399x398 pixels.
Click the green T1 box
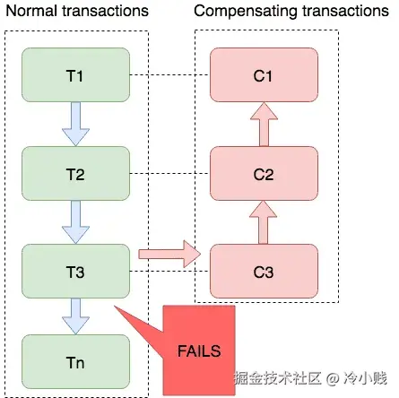pos(75,74)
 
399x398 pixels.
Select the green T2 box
pos(75,173)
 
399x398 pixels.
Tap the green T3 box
pos(75,271)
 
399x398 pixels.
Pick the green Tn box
pos(75,361)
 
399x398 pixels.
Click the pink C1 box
pos(264,74)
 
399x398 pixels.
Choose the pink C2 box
pos(264,173)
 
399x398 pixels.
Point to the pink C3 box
pos(264,271)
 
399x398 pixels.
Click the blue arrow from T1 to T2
pos(75,124)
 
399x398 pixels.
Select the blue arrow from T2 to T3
pos(75,222)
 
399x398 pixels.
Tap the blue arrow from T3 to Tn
pos(75,316)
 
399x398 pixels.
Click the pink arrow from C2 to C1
pos(264,125)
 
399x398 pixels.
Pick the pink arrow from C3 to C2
pos(263,222)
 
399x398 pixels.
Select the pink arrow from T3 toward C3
pos(169,254)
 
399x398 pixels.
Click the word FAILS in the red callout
pos(199,350)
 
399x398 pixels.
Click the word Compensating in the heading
pos(246,12)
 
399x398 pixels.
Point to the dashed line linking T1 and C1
pos(169,74)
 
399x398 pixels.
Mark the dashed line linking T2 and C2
pos(169,173)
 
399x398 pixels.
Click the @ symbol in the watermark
pos(332,378)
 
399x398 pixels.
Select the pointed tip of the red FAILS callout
pos(115,306)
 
